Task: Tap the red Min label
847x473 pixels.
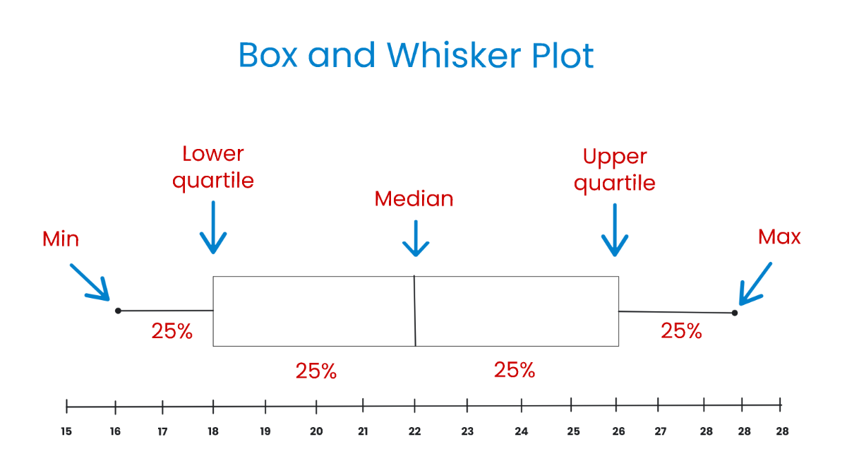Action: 61,239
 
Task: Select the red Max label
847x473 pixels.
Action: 779,236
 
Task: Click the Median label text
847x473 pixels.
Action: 414,199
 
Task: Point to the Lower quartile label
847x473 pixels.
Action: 213,167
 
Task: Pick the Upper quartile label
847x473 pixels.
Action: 615,169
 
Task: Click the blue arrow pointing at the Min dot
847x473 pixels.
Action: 90,282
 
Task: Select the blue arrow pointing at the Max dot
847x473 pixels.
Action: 755,284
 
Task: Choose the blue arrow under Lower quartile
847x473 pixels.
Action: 213,227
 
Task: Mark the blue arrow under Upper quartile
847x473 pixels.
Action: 615,230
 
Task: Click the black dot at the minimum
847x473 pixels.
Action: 118,311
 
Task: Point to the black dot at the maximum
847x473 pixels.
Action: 735,313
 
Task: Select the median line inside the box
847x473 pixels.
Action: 415,311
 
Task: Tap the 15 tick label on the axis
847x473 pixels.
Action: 66,431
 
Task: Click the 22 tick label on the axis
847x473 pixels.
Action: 415,431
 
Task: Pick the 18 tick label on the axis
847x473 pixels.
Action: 213,431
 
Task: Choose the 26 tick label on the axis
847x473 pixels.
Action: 616,431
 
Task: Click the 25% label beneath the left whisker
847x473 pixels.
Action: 172,331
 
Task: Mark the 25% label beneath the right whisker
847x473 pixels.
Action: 681,330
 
